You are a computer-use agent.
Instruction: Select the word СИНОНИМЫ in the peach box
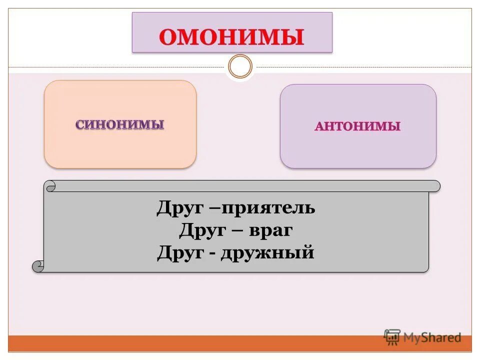click(x=120, y=124)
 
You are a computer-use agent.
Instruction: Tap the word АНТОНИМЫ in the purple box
click(x=357, y=126)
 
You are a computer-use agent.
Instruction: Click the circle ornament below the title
click(x=240, y=66)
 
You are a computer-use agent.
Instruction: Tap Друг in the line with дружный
click(x=178, y=253)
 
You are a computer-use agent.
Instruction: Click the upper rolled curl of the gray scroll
click(x=50, y=186)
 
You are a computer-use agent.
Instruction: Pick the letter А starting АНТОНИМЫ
click(x=319, y=127)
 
